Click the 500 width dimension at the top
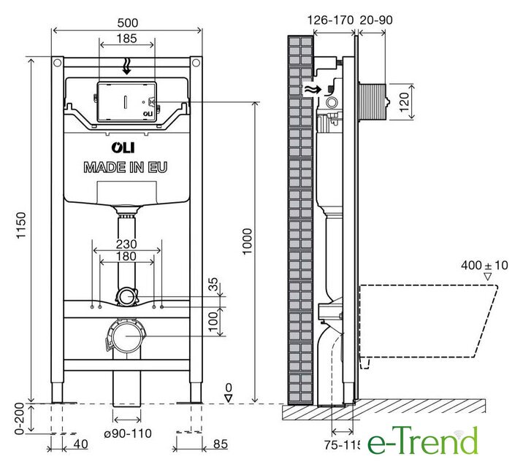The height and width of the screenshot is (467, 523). [127, 23]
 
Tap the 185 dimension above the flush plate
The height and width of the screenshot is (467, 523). [127, 39]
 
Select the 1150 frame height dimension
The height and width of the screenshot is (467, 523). [21, 225]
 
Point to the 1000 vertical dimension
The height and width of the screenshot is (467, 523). [247, 242]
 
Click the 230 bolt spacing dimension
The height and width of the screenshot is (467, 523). [126, 244]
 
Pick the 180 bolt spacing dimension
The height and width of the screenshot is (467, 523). [126, 256]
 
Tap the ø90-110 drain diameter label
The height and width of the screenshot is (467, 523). [128, 433]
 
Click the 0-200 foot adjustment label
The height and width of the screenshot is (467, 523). [20, 418]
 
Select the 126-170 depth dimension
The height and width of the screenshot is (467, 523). [330, 20]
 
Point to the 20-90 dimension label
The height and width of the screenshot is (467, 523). [376, 20]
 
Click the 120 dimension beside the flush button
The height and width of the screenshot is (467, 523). [404, 102]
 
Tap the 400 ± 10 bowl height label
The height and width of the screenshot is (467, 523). [484, 266]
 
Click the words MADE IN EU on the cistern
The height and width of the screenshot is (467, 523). [126, 167]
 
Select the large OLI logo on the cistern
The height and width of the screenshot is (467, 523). [123, 148]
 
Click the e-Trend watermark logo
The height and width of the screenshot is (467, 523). [423, 440]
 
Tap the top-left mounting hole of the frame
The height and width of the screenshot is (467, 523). [58, 62]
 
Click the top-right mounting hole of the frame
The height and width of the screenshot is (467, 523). [196, 62]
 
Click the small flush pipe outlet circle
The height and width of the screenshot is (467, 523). [126, 296]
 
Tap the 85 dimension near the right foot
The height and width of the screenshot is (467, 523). [220, 444]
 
